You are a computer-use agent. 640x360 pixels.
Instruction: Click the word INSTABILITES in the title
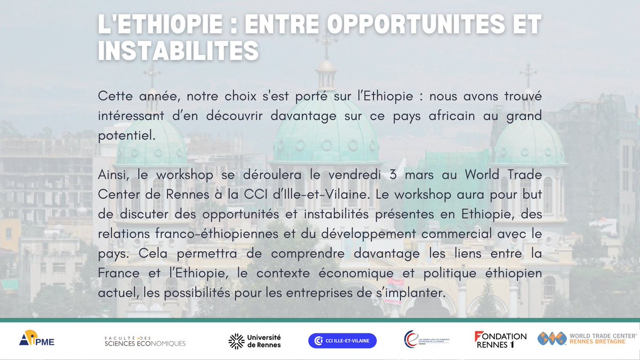click(x=178, y=50)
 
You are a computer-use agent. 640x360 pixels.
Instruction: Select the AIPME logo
click(x=37, y=338)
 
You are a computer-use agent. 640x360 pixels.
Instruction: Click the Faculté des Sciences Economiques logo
click(x=145, y=341)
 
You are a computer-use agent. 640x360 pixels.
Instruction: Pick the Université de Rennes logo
click(x=254, y=341)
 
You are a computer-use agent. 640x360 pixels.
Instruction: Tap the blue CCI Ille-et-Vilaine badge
click(x=342, y=341)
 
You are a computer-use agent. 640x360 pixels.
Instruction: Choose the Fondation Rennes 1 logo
click(x=500, y=340)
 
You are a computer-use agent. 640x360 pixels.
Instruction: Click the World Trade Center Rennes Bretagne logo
click(x=587, y=339)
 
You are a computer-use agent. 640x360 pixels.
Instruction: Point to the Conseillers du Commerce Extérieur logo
click(x=427, y=339)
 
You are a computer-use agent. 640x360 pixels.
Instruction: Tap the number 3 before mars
click(x=393, y=174)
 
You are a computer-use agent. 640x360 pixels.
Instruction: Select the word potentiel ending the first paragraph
click(x=126, y=136)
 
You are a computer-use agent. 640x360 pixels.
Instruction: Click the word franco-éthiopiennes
click(x=217, y=234)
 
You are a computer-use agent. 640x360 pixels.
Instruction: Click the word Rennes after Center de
click(x=187, y=195)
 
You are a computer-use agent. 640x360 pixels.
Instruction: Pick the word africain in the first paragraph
click(x=452, y=116)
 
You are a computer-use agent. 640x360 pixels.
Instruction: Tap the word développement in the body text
click(x=369, y=234)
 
